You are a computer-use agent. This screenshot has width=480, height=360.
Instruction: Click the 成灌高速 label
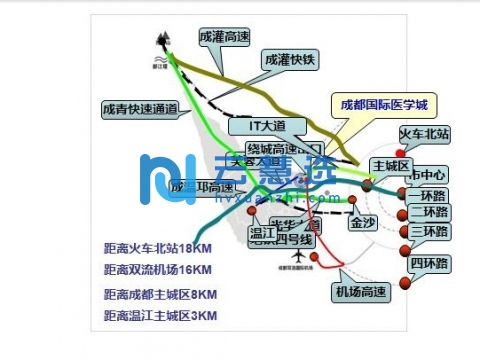[x=223, y=36]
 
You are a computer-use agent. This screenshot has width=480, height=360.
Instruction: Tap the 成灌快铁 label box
[x=289, y=60]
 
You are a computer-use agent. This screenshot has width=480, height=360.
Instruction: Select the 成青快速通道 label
[x=140, y=109]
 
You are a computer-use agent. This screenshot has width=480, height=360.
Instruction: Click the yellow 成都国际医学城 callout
[x=384, y=104]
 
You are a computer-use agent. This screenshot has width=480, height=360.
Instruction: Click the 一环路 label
[x=429, y=194]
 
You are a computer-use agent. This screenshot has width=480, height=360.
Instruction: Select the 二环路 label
[x=429, y=212]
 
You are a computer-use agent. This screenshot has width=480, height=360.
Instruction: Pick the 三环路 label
[x=429, y=232]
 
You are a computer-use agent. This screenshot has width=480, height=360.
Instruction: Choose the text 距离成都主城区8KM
[x=160, y=294]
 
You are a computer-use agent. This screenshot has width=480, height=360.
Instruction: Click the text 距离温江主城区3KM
[x=160, y=316]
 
